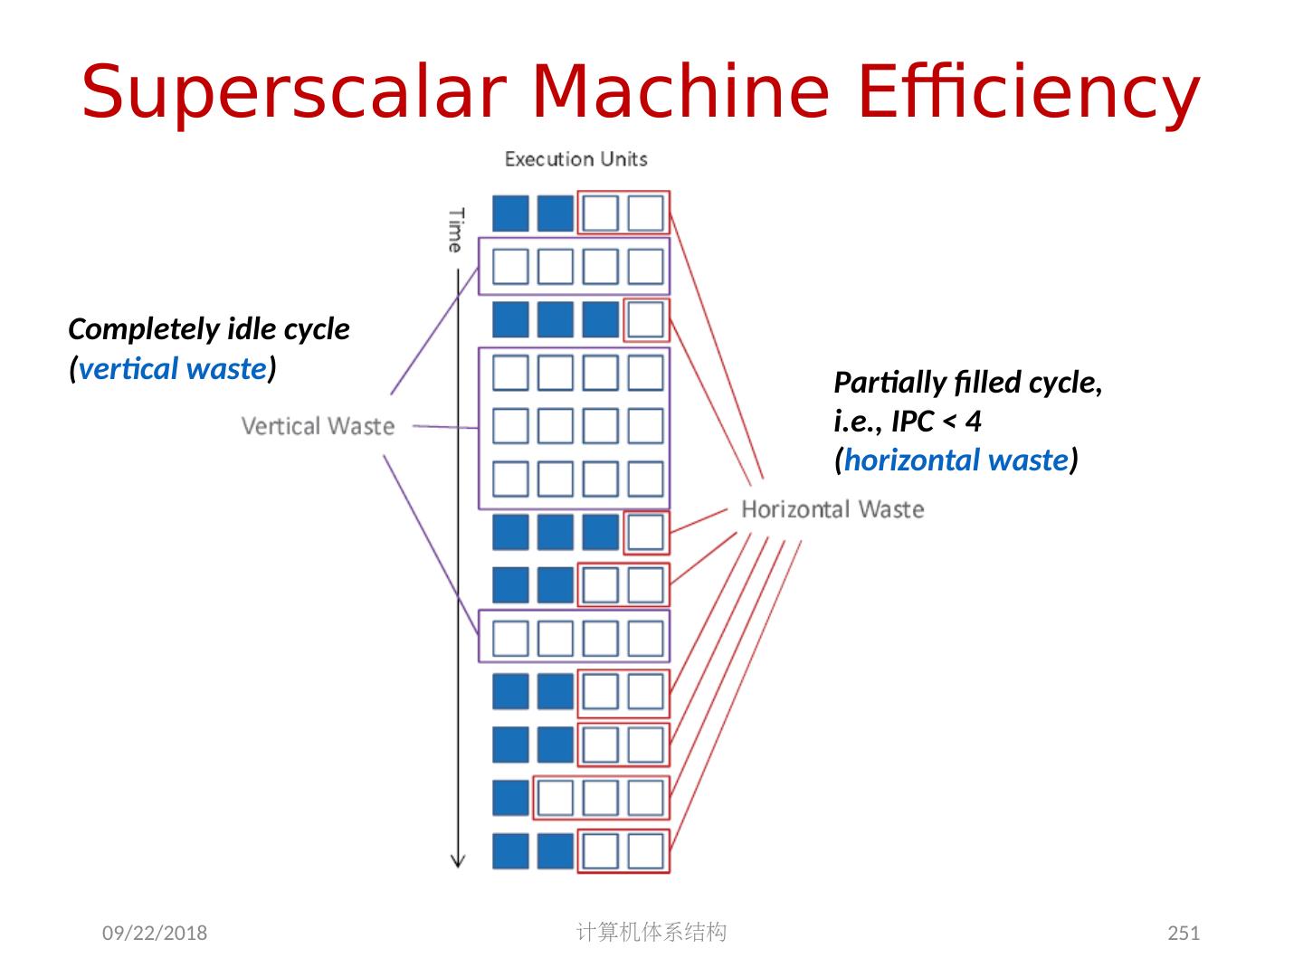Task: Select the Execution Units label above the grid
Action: point(575,159)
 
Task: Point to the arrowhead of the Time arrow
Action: point(458,860)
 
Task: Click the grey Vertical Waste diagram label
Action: point(318,426)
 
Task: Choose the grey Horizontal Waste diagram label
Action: point(832,509)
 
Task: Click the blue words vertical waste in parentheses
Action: point(172,369)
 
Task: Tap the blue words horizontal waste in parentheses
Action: point(956,460)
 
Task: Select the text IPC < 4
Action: point(936,422)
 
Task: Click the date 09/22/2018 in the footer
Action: point(154,933)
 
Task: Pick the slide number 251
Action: point(1184,933)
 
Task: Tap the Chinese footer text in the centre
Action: point(651,932)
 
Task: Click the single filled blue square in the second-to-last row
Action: point(510,799)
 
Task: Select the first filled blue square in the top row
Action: point(510,213)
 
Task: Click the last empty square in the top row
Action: point(645,213)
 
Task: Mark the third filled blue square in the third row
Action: point(600,319)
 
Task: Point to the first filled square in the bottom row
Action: point(510,851)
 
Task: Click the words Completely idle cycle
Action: point(209,329)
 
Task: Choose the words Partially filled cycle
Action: point(967,383)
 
